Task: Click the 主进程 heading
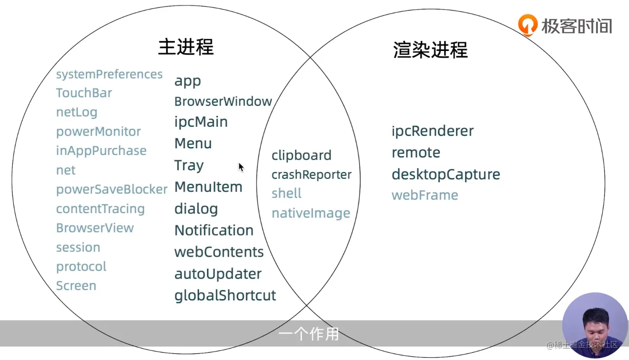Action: click(186, 47)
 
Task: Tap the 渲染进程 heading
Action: click(430, 50)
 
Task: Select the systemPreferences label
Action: click(109, 74)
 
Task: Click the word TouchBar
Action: click(84, 93)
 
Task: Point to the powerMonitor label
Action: click(98, 132)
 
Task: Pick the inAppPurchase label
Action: click(101, 150)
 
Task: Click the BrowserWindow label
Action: click(223, 101)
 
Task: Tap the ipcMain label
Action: click(201, 122)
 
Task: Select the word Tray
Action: click(189, 165)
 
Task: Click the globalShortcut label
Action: click(225, 296)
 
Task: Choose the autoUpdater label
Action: click(218, 274)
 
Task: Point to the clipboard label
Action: click(301, 155)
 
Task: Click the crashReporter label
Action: click(311, 175)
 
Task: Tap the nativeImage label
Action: click(310, 213)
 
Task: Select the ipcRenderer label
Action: click(433, 131)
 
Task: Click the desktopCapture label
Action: click(446, 174)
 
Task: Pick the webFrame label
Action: click(424, 195)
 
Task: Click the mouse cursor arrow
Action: click(241, 167)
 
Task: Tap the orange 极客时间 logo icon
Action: click(528, 25)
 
